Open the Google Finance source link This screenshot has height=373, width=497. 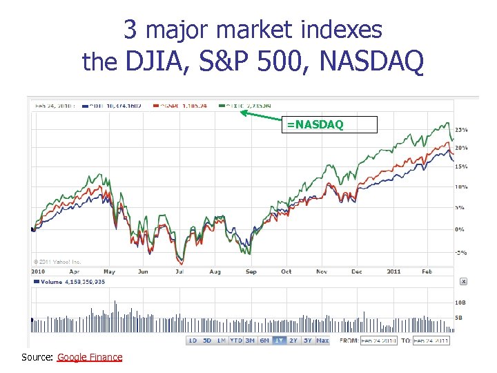pyautogui.click(x=90, y=357)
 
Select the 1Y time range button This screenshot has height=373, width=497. pyautogui.click(x=279, y=341)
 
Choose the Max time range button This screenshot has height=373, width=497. pyautogui.click(x=322, y=341)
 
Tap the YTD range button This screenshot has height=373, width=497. pyautogui.click(x=235, y=341)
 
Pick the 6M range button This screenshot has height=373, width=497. pyautogui.click(x=264, y=341)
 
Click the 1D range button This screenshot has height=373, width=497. pyautogui.click(x=193, y=341)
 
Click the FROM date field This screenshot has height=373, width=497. pyautogui.click(x=378, y=341)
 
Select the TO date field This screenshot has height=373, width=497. pyautogui.click(x=431, y=341)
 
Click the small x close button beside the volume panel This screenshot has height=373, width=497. pyautogui.click(x=463, y=281)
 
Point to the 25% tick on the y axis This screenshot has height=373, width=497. pyautogui.click(x=461, y=130)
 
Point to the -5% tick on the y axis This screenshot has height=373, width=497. pyautogui.click(x=460, y=252)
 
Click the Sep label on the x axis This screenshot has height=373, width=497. pyautogui.click(x=251, y=271)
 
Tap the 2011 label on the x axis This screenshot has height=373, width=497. pyautogui.click(x=393, y=271)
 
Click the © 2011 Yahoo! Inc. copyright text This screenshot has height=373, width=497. pyautogui.click(x=57, y=262)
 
